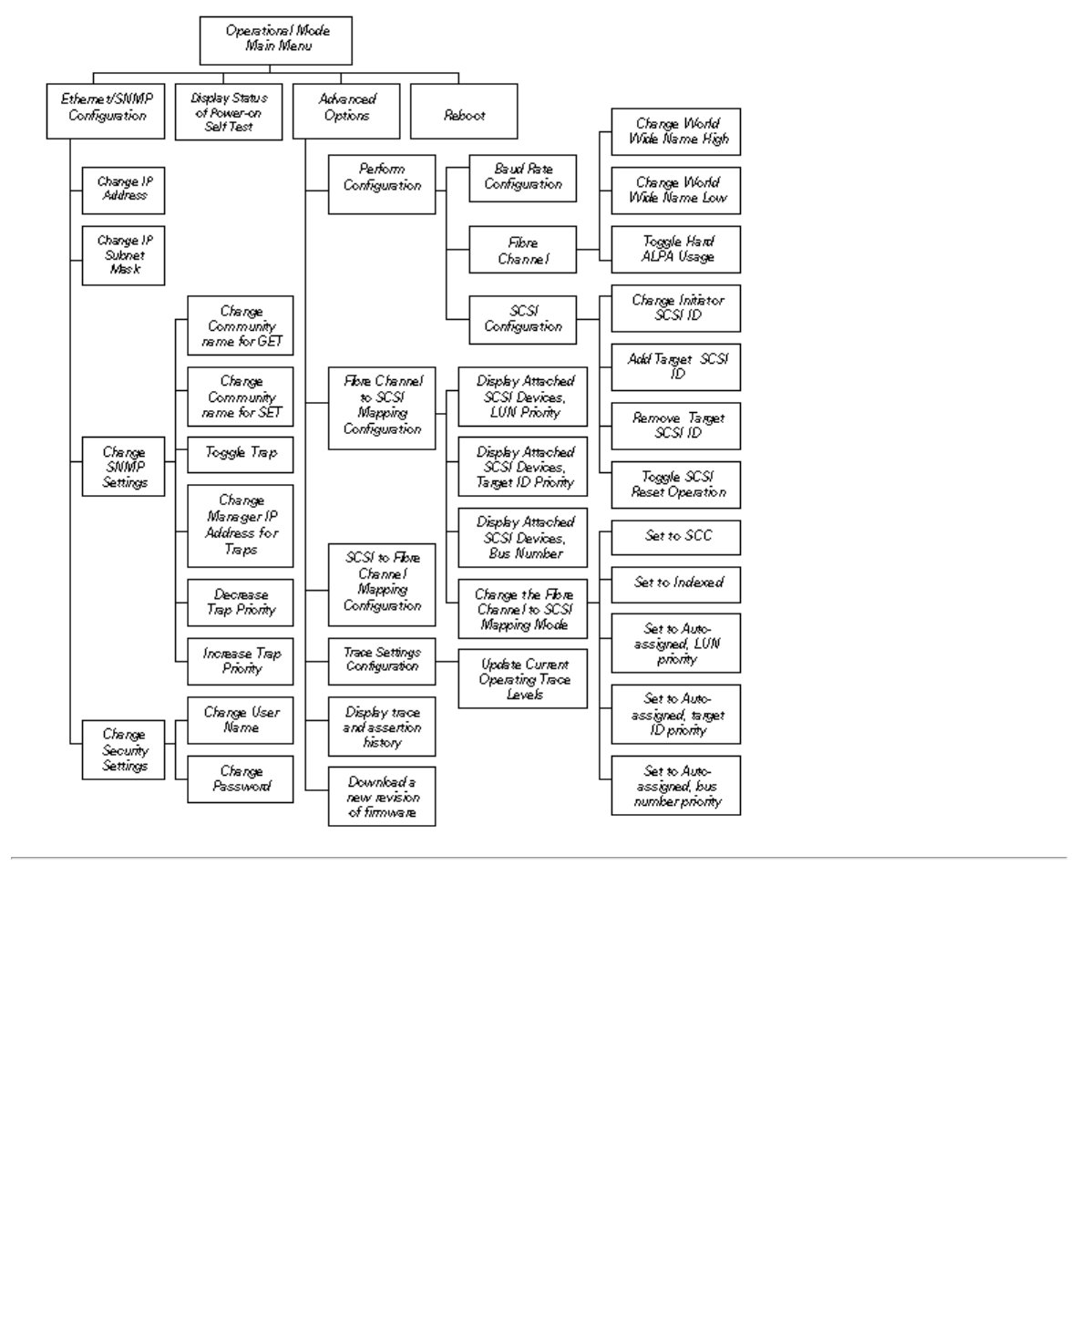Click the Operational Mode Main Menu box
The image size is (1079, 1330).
[x=275, y=40]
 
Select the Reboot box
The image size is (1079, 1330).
[x=464, y=112]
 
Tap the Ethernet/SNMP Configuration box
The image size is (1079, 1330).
[x=106, y=111]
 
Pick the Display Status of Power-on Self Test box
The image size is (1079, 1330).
[x=229, y=112]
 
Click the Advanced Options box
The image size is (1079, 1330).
[x=346, y=111]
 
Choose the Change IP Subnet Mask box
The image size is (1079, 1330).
[x=123, y=255]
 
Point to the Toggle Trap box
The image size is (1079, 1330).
[x=241, y=454]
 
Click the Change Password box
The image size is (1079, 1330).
[x=241, y=779]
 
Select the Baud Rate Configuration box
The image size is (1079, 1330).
[x=523, y=178]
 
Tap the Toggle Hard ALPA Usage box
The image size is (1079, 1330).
[x=676, y=250]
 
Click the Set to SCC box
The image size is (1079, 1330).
[x=676, y=537]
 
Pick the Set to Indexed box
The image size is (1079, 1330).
[x=676, y=584]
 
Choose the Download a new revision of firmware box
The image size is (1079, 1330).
[x=382, y=797]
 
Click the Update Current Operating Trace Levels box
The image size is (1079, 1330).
[x=523, y=679]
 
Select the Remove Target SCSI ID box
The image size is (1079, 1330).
[x=676, y=426]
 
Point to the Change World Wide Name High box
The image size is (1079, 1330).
[x=676, y=132]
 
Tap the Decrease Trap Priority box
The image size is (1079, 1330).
[x=241, y=603]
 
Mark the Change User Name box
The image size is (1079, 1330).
[x=241, y=720]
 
